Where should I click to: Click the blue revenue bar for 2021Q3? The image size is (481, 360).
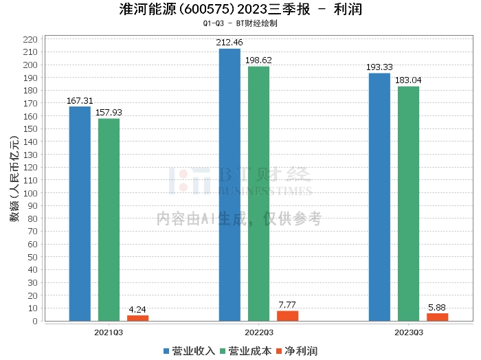(80, 214)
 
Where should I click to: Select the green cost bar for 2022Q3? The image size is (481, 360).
(258, 194)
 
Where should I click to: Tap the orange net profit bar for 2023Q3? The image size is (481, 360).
(438, 317)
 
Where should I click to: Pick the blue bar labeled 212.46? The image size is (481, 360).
(230, 185)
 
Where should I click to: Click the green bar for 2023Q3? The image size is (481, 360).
(408, 203)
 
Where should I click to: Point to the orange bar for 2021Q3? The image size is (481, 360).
(137, 318)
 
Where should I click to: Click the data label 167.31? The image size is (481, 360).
(80, 101)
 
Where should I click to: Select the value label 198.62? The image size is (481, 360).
(258, 60)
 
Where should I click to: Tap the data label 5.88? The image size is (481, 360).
(437, 308)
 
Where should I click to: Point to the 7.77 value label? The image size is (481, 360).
(287, 305)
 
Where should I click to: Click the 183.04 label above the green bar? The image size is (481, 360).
(408, 80)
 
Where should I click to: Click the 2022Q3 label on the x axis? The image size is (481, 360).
(259, 333)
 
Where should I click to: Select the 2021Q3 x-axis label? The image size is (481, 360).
(109, 333)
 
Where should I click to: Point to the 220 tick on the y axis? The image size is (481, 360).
(30, 40)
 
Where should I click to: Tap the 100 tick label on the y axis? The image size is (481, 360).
(30, 194)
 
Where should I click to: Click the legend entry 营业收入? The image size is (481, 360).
(189, 351)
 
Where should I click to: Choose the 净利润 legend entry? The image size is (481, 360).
(297, 351)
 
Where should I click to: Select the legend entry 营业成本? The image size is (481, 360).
(246, 351)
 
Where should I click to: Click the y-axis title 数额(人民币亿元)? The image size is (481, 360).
(14, 179)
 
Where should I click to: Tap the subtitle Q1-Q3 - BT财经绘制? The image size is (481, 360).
(240, 23)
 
